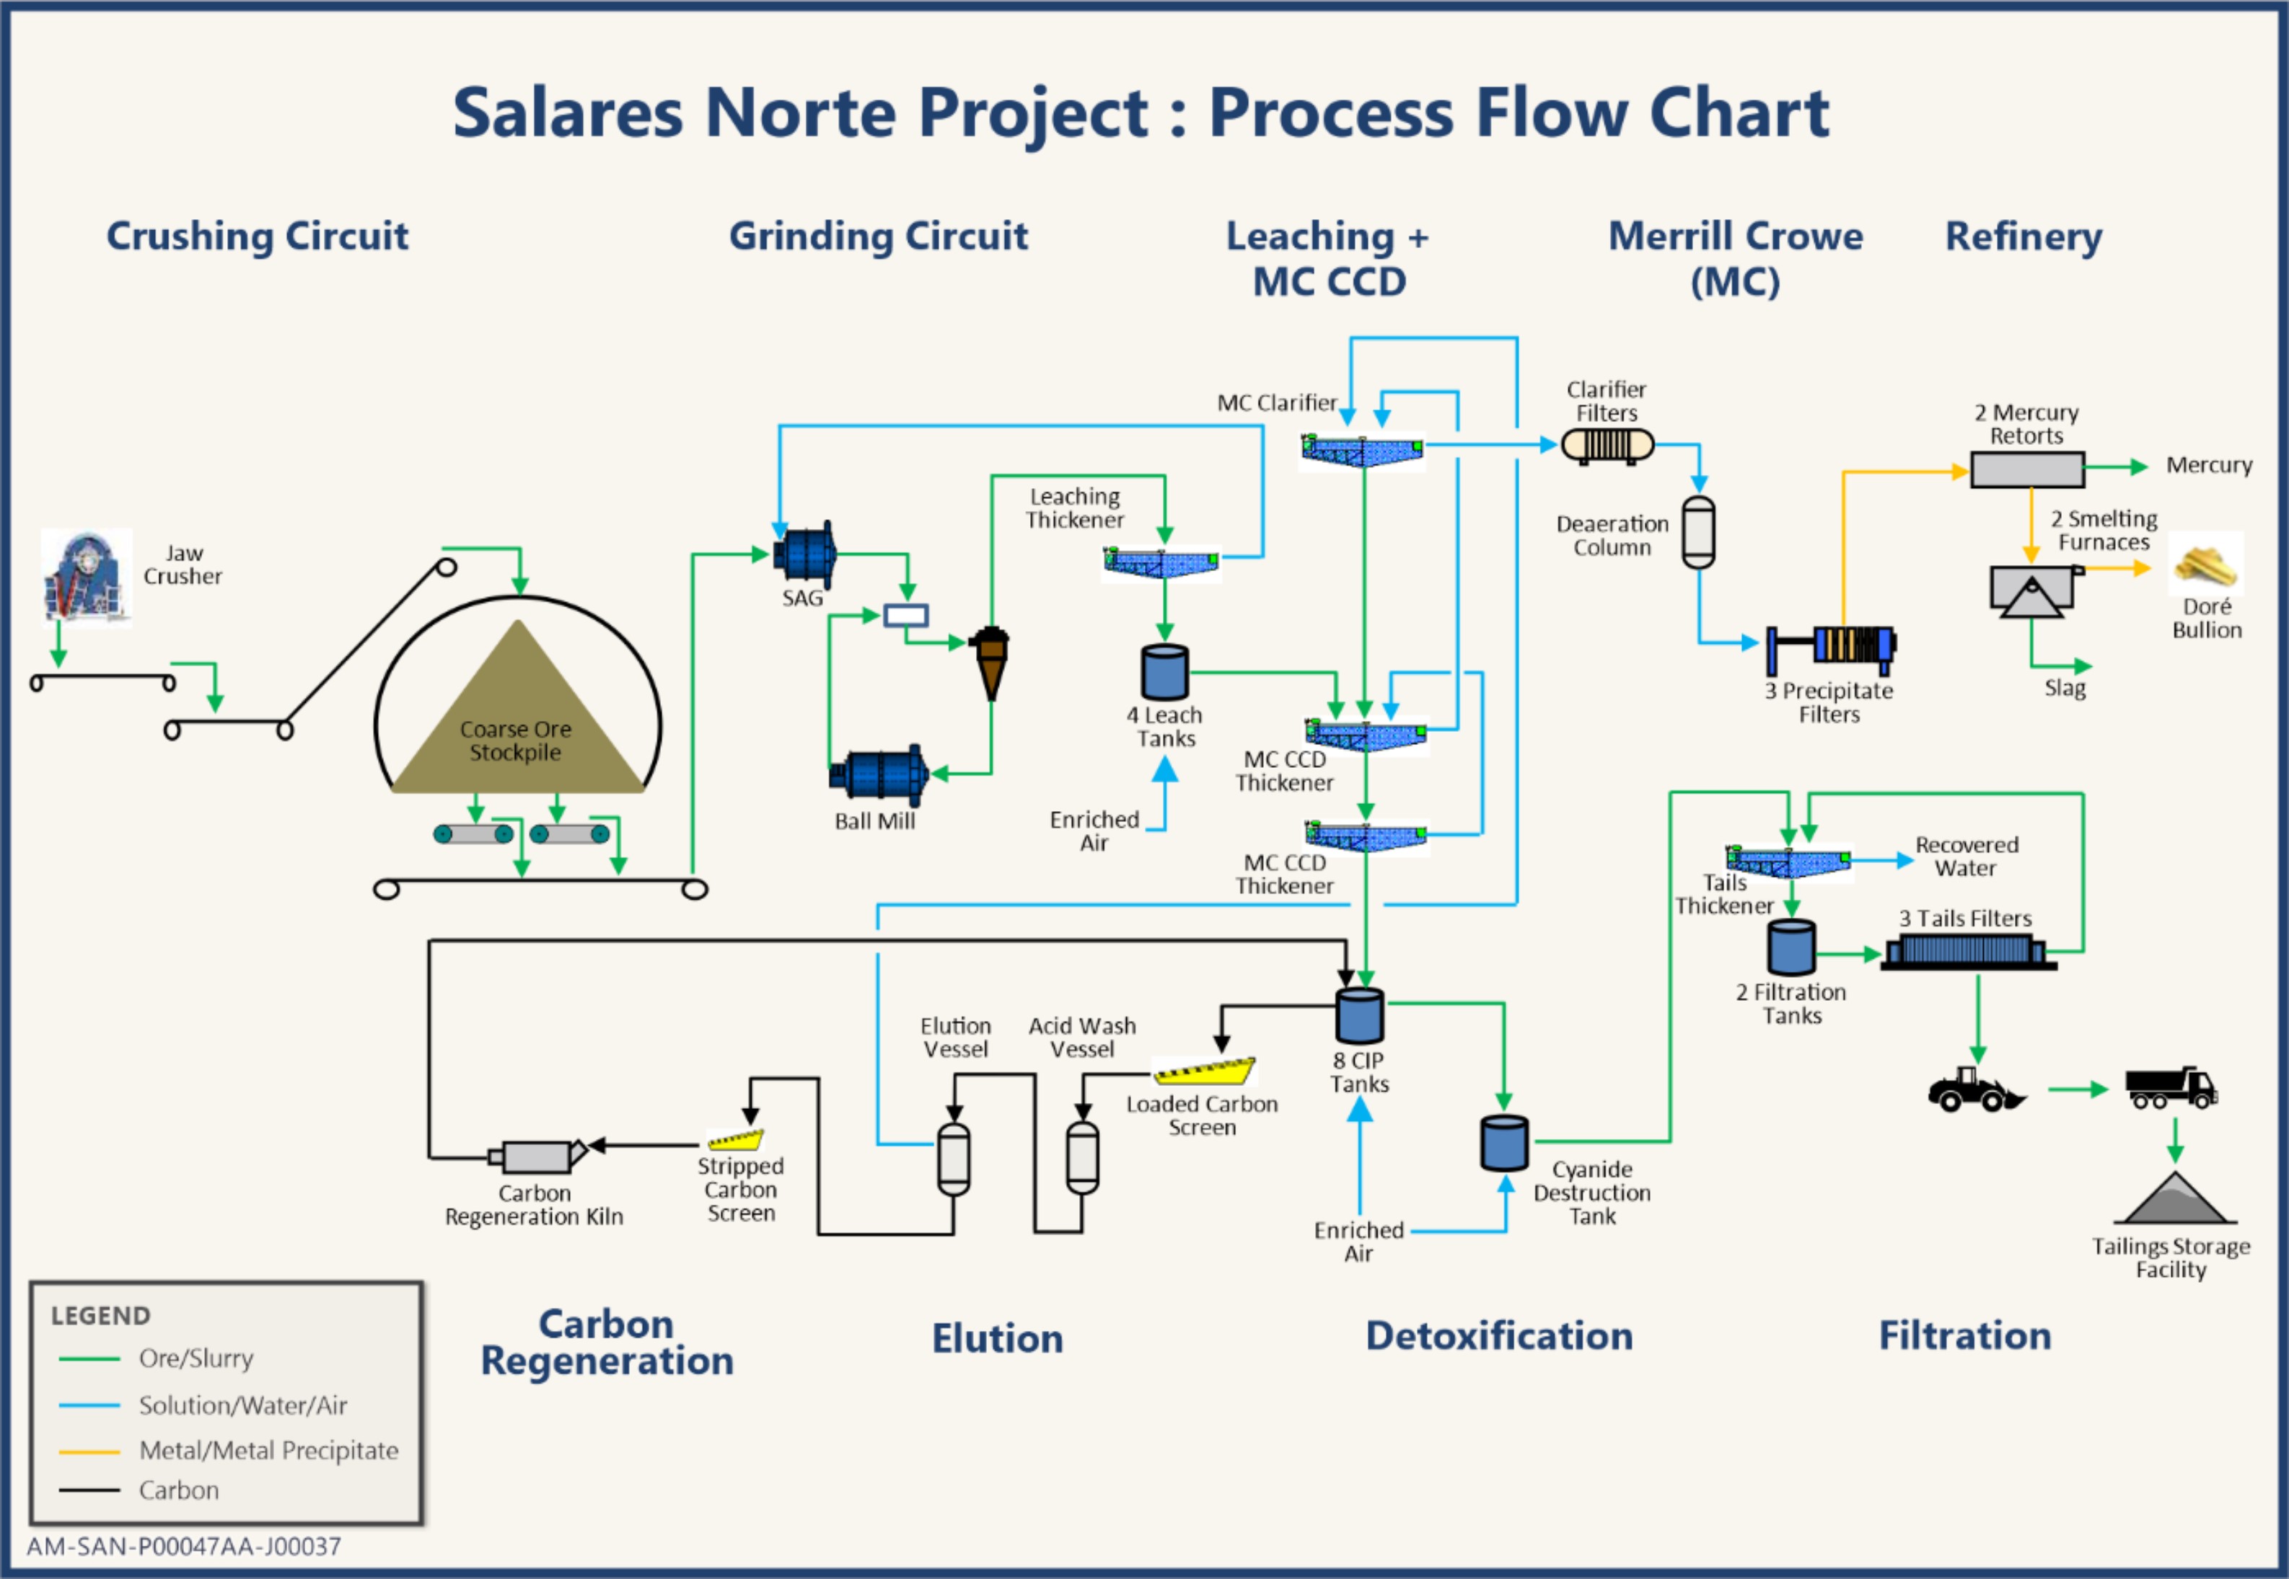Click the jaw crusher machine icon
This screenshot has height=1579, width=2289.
pyautogui.click(x=86, y=578)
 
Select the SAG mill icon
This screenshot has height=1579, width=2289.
pyautogui.click(x=804, y=554)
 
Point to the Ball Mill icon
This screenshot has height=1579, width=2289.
pyautogui.click(x=879, y=774)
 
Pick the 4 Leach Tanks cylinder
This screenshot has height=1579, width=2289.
pyautogui.click(x=1165, y=673)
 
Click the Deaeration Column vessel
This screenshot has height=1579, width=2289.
pyautogui.click(x=1698, y=532)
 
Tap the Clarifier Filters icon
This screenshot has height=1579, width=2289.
pyautogui.click(x=1607, y=445)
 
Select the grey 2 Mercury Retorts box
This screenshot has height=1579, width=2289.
pyautogui.click(x=2026, y=469)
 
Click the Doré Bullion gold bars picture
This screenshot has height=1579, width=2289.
pyautogui.click(x=2206, y=565)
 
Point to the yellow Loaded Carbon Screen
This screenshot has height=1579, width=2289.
pyautogui.click(x=1204, y=1071)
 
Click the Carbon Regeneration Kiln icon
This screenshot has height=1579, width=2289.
pyautogui.click(x=537, y=1156)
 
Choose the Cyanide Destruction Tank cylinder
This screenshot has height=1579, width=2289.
pyautogui.click(x=1504, y=1143)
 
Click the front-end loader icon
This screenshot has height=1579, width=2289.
pyautogui.click(x=1974, y=1090)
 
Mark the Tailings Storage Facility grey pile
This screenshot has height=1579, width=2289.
pyautogui.click(x=2173, y=1200)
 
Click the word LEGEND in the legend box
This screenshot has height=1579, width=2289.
pyautogui.click(x=101, y=1316)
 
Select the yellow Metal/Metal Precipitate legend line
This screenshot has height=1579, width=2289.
pyautogui.click(x=89, y=1451)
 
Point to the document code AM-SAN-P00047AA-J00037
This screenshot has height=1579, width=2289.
pyautogui.click(x=184, y=1547)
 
